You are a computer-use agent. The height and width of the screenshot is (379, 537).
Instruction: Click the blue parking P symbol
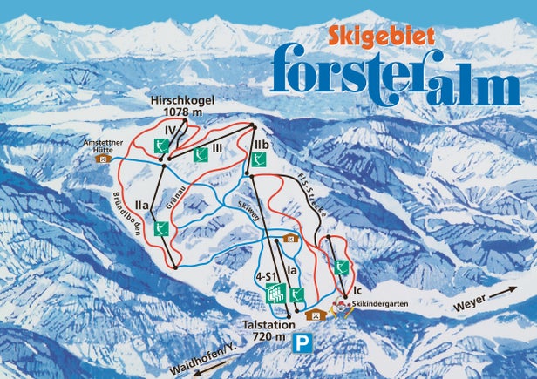click(303, 342)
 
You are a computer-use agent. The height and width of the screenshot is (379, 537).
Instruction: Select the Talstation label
click(266, 322)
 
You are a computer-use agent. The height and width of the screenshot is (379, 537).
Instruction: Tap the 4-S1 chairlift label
click(266, 276)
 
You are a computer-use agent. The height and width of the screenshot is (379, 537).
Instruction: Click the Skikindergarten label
click(382, 302)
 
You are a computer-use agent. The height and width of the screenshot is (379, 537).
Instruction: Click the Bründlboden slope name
click(121, 213)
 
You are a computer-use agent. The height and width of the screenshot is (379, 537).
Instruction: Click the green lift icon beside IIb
click(259, 159)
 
